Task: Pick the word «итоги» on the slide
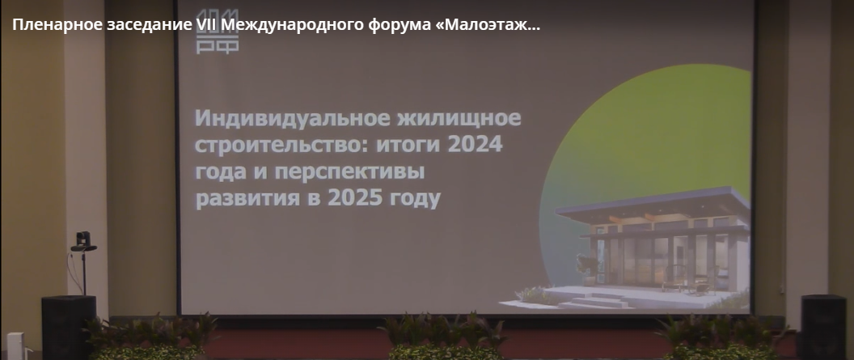click(391, 146)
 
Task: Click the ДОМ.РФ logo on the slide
click(218, 36)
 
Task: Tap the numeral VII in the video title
click(206, 24)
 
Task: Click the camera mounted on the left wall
click(82, 240)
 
